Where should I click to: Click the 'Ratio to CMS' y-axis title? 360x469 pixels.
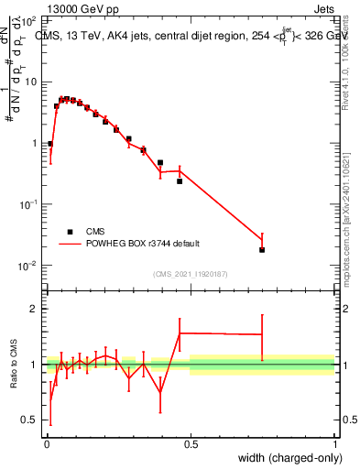point(14,364)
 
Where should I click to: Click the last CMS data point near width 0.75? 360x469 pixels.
point(262,249)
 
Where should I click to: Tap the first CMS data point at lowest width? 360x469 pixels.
point(50,144)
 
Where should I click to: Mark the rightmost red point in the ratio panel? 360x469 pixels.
point(262,334)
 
